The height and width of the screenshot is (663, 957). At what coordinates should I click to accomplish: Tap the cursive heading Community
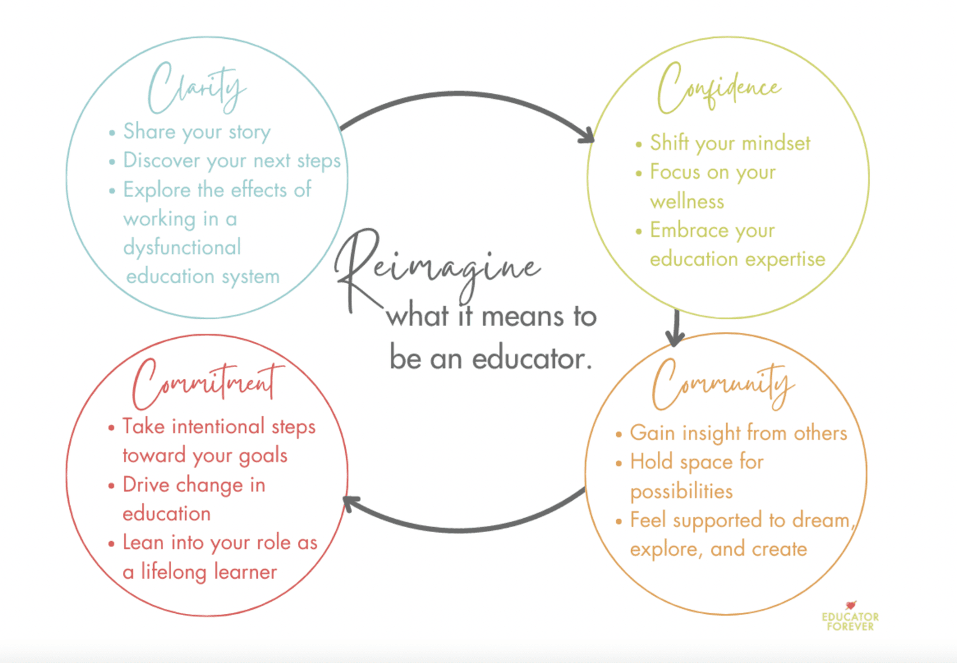click(723, 383)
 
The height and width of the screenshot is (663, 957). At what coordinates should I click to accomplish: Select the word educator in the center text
click(530, 359)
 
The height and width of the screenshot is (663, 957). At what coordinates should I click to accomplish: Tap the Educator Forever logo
click(850, 617)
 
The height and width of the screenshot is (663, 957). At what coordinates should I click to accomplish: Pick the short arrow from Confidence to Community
click(675, 327)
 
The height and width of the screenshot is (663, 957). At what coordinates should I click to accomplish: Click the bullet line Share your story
click(197, 131)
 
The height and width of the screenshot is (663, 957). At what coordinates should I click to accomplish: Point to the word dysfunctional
click(182, 248)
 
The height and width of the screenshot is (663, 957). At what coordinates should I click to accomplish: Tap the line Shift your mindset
click(730, 143)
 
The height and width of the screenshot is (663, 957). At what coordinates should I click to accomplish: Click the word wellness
click(687, 202)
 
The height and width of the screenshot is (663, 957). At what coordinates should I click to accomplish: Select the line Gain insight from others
click(738, 433)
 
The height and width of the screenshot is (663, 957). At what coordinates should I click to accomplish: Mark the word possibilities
click(681, 491)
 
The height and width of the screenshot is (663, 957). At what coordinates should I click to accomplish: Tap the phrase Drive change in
click(193, 485)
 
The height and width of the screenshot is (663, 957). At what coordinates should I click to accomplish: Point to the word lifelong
click(174, 572)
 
